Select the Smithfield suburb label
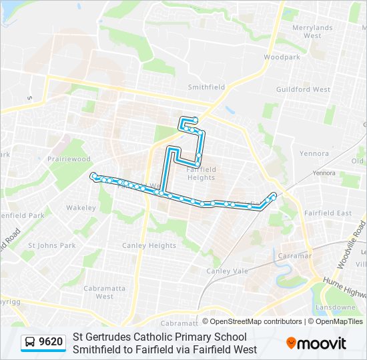click(x=206, y=87)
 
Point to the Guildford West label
click(x=304, y=89)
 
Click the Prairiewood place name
click(x=69, y=159)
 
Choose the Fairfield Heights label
click(x=202, y=173)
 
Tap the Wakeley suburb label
click(x=81, y=207)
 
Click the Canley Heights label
click(x=149, y=245)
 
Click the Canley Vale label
click(x=227, y=271)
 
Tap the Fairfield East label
click(x=328, y=213)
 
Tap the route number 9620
click(x=51, y=343)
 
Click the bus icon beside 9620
click(x=30, y=343)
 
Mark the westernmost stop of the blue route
click(x=93, y=175)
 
